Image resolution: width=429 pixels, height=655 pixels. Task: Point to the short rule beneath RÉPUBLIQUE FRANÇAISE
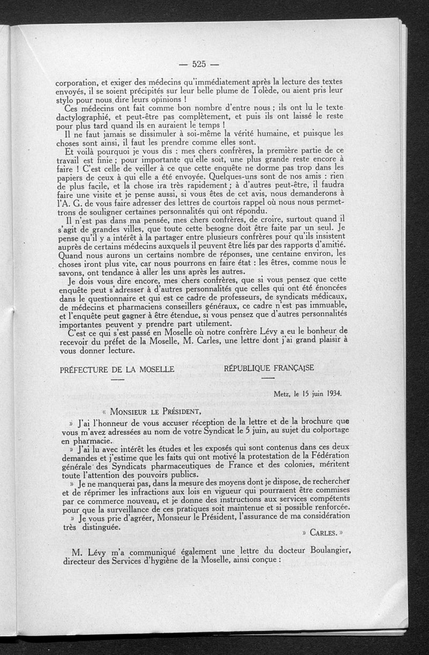(x=267, y=379)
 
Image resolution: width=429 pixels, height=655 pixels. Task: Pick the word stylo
(x=66, y=100)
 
